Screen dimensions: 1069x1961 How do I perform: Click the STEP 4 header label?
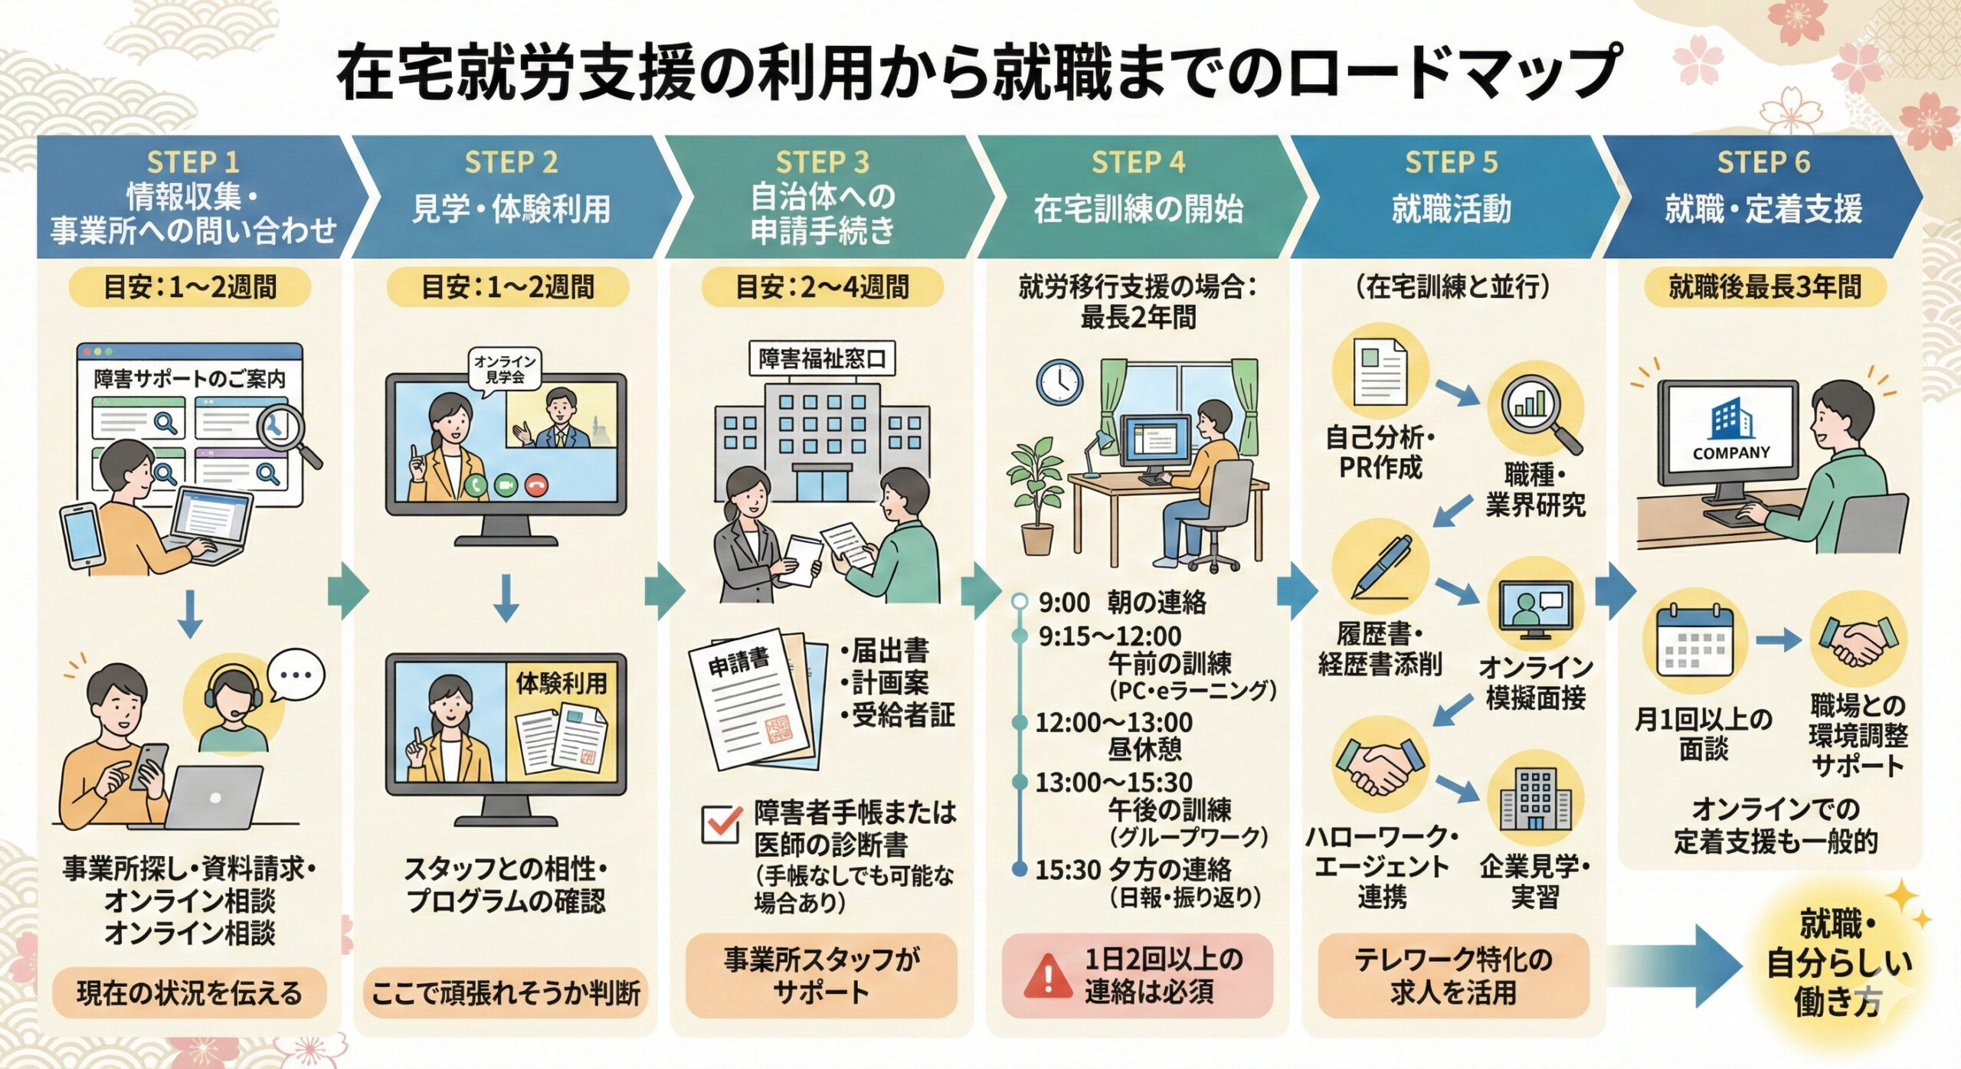tap(1138, 162)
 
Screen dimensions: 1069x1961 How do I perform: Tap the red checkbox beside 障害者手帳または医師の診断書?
tap(722, 824)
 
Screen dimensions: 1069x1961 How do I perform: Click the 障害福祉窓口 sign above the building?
tap(821, 358)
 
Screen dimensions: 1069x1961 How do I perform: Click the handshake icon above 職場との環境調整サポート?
tap(1857, 642)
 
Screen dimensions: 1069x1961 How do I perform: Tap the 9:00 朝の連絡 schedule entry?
tap(1121, 603)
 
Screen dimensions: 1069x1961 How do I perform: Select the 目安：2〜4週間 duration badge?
tap(821, 287)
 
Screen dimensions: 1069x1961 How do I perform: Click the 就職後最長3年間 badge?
tap(1764, 287)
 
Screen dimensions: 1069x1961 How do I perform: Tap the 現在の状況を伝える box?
tap(189, 993)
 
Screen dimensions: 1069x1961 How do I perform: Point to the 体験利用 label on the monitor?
tap(561, 682)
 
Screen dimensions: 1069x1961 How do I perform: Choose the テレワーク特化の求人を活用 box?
tap(1452, 976)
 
